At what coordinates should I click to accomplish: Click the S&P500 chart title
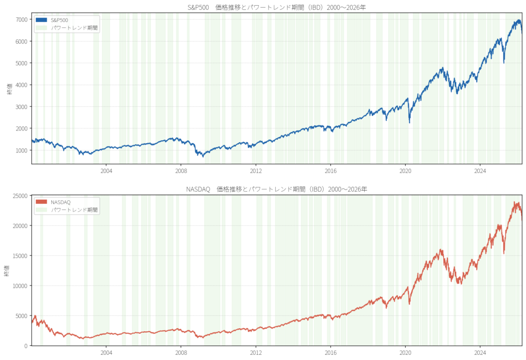coord(276,7)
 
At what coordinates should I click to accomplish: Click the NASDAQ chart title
coord(276,189)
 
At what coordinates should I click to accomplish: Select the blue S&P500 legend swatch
coord(41,20)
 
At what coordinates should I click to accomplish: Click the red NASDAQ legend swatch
coord(41,202)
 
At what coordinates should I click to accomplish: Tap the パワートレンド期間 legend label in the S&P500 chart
coord(74,28)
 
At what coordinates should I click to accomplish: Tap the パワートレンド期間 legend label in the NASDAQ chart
coord(74,210)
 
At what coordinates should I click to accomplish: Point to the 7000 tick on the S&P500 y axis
coord(22,20)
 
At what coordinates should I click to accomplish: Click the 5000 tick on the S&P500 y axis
coord(22,63)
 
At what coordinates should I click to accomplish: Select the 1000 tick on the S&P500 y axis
coord(22,150)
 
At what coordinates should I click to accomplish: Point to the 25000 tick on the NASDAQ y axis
coord(20,196)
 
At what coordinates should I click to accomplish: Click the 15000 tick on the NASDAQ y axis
coord(20,256)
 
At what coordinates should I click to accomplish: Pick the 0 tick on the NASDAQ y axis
coord(26,346)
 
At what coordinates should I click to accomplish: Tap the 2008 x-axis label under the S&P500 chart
coord(181,171)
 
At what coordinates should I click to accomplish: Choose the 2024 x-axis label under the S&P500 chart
coord(480,171)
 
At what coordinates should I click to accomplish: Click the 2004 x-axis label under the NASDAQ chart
coord(106,353)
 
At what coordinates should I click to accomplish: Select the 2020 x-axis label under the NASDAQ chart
coord(405,353)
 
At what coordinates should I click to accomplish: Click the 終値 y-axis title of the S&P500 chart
coord(10,88)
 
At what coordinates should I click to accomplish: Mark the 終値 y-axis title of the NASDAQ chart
coord(7,271)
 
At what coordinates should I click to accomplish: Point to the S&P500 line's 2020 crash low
coord(409,123)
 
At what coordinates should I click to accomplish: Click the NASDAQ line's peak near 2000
coord(35,316)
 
